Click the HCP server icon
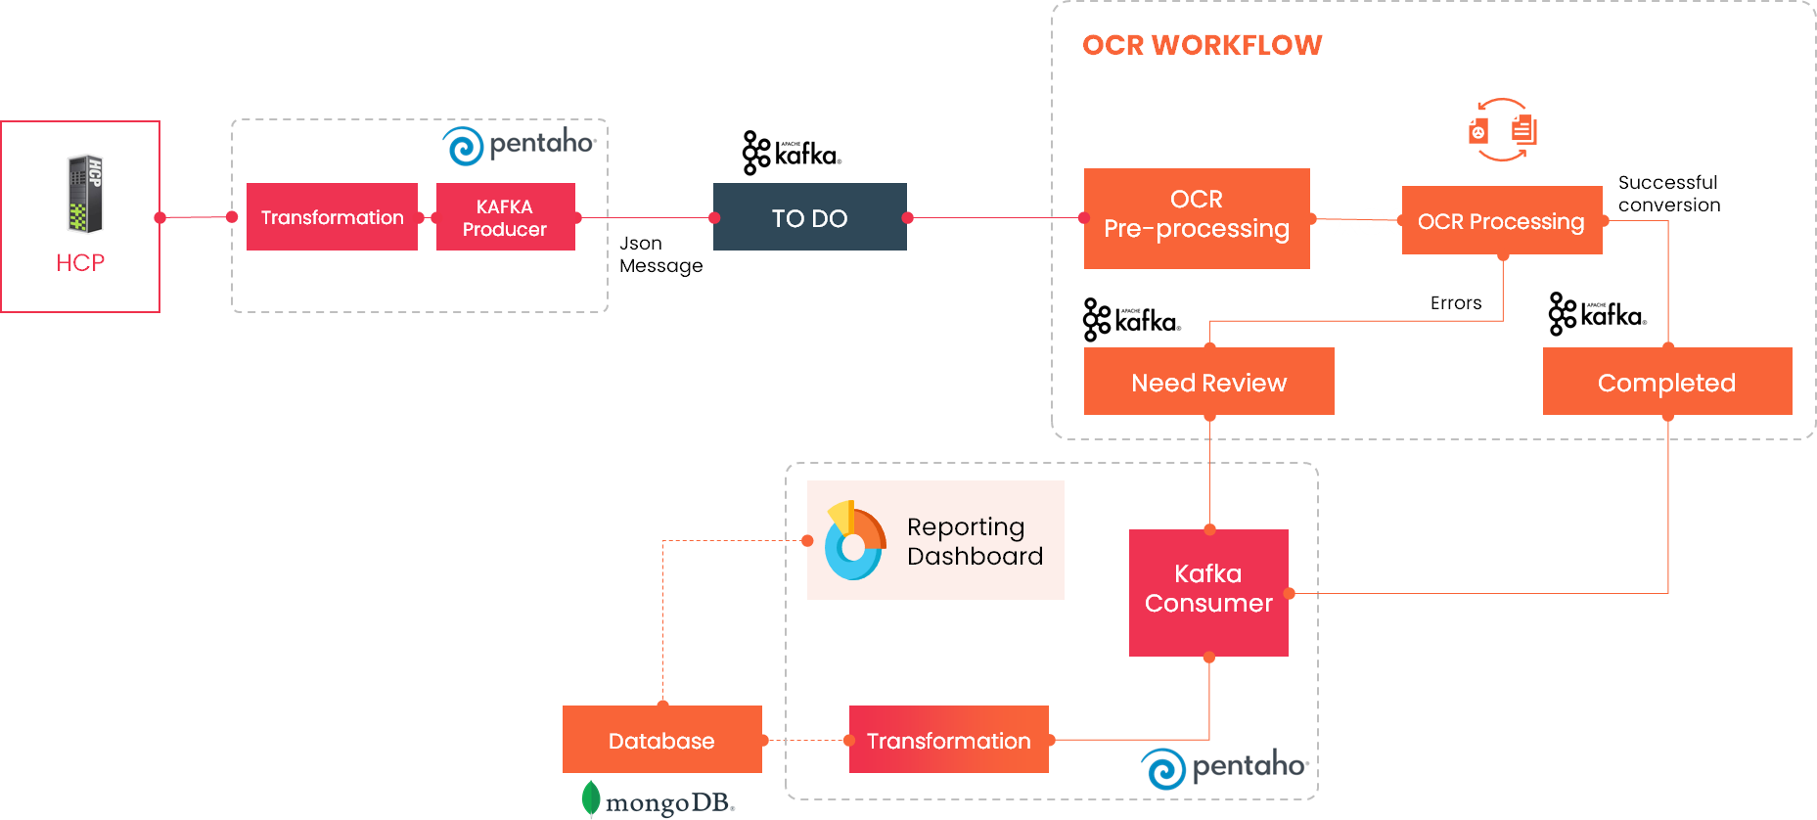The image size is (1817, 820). [85, 194]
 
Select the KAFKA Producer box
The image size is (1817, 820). [505, 217]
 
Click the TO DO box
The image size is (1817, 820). [809, 217]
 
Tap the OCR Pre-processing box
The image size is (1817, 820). [1196, 218]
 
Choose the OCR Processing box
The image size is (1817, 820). [1501, 221]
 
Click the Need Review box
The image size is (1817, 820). [1208, 382]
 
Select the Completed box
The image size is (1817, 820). [1666, 382]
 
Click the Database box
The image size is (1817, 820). [661, 740]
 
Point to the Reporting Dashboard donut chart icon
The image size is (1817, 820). [853, 541]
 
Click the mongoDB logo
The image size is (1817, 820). [658, 801]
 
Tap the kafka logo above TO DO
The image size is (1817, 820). [792, 154]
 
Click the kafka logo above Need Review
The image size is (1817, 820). [1131, 321]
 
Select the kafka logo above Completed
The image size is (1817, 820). [1597, 315]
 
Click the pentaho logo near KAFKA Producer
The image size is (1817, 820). [519, 145]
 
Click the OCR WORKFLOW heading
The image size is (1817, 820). [1202, 45]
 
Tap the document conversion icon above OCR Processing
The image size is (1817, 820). [1502, 129]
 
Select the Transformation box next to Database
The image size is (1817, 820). [948, 740]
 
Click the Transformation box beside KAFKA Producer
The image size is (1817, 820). [332, 217]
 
